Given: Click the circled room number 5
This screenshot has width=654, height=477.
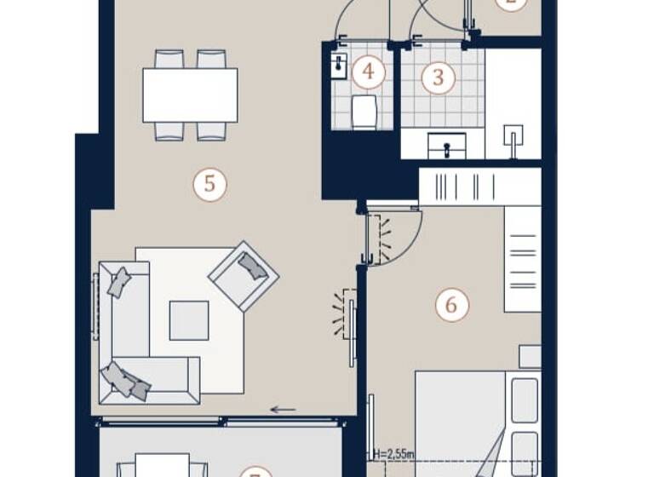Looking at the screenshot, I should coord(209,185).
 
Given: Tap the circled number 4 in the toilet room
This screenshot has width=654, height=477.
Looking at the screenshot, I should coord(368,72).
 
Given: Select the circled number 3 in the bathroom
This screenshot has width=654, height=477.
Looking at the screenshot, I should coord(439,78).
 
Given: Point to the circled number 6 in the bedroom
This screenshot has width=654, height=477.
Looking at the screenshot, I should coord(451,304).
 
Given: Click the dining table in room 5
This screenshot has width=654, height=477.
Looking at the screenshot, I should coord(190,95).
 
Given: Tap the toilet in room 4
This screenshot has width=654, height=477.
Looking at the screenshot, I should coord(364,112).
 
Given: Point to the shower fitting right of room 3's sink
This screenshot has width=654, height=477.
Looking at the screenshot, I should coord(513,138).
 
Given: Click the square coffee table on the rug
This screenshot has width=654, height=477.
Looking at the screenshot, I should coord(188,321).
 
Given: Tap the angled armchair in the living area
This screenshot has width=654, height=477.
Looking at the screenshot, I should coord(244,275).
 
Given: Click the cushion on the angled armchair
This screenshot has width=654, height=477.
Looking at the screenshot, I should coord(252,267).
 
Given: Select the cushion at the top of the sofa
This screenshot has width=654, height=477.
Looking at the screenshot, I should coord(119,282).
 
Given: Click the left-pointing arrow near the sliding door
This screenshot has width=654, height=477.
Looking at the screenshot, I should coord(283,410).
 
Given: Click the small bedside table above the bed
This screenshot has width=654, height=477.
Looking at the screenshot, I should coord(530,356).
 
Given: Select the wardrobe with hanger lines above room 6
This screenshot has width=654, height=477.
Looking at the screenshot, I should coord(479,186).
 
